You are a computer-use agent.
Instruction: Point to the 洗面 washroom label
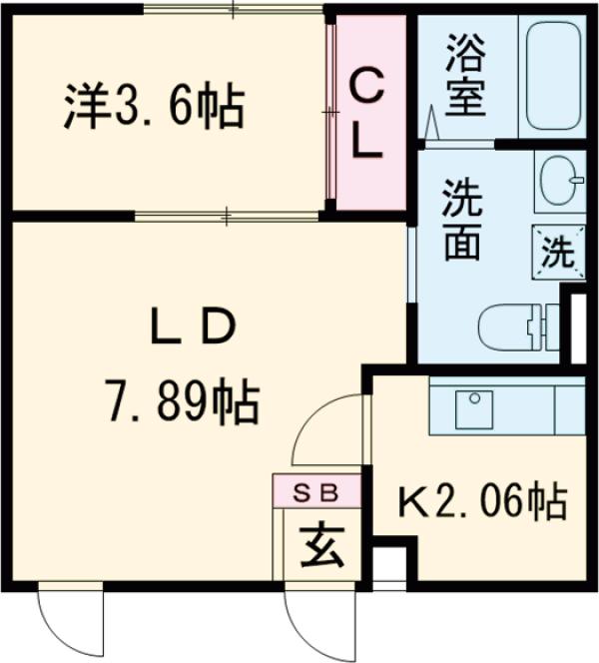coord(462,219)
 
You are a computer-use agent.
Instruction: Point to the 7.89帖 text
coord(183,401)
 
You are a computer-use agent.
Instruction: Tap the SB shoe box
coord(310,491)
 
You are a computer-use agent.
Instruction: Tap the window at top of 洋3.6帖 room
coord(234,11)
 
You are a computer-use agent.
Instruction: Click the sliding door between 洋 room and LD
coord(230,215)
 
